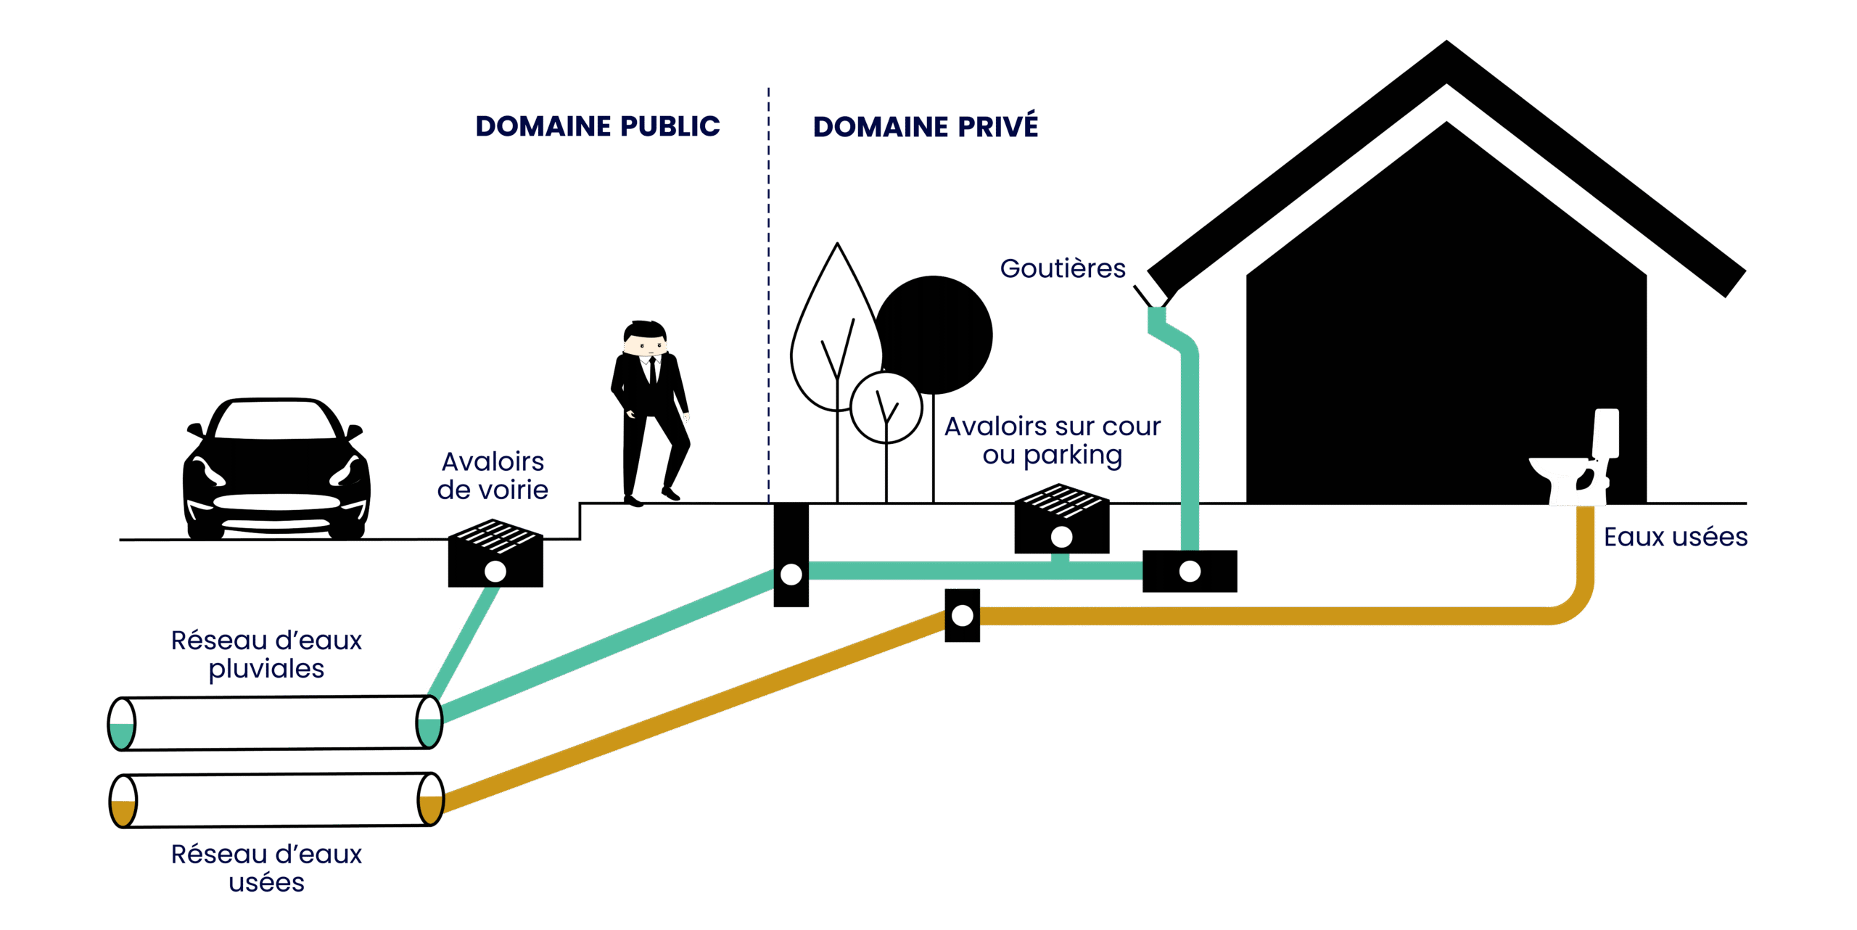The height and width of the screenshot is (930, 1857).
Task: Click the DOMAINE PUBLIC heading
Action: click(598, 126)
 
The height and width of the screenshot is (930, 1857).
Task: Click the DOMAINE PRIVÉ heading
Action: click(925, 127)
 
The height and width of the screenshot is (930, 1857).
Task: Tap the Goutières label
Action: click(1063, 269)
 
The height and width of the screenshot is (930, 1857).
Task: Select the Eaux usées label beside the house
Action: click(1675, 538)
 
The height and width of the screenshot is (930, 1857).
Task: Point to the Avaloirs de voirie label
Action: click(493, 476)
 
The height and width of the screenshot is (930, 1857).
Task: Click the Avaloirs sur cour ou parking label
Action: click(1052, 441)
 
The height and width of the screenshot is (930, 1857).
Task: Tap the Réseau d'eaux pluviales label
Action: click(266, 654)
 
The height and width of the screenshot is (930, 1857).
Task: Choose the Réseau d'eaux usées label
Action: click(266, 868)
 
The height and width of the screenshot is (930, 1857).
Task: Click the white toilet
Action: click(1578, 464)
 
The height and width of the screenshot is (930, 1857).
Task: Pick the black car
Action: click(276, 472)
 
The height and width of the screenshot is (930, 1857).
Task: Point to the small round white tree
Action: click(886, 407)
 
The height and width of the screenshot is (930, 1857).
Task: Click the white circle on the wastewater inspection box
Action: click(963, 616)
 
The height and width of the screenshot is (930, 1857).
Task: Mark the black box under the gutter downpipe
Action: click(1190, 572)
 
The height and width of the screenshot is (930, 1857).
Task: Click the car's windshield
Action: click(276, 421)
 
